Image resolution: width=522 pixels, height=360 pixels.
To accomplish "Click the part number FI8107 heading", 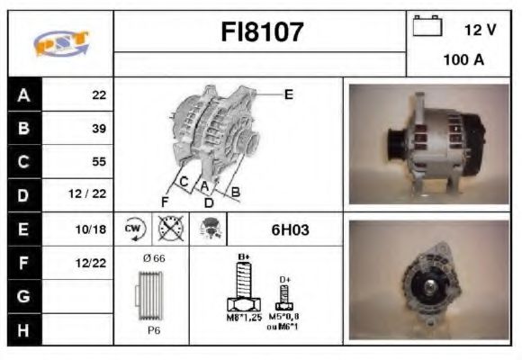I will coord(262,32).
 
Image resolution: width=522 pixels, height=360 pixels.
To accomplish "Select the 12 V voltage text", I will coord(480,30).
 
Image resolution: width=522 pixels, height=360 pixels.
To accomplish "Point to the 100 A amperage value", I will coord(463,60).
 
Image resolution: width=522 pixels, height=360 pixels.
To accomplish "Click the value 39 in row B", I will coord(98,129).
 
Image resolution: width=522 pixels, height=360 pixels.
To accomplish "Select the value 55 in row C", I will coord(98,162).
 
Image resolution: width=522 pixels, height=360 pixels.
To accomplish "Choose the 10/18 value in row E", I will coord(94,229).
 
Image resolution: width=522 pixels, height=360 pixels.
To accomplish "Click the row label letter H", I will coord(22,329).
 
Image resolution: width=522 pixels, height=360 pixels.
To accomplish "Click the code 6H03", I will coord(290,229).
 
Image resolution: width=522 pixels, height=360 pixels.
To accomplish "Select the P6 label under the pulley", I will coord(155,330).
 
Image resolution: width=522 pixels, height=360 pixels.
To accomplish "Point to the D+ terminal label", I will coord(284,280).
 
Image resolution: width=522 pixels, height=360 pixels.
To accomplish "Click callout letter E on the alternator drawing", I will coord(288,94).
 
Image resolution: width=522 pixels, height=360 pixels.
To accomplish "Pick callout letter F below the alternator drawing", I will coord(165,200).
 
